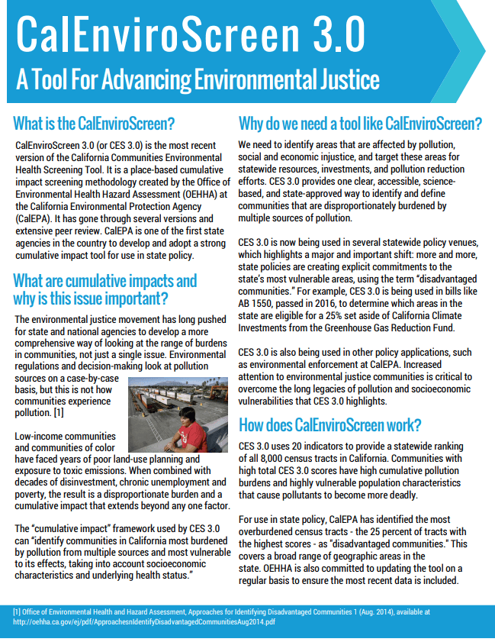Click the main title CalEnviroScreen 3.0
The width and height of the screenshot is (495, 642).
[189, 34]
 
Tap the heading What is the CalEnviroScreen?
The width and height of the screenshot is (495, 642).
[95, 123]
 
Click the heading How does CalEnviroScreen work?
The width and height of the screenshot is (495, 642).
[329, 425]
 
